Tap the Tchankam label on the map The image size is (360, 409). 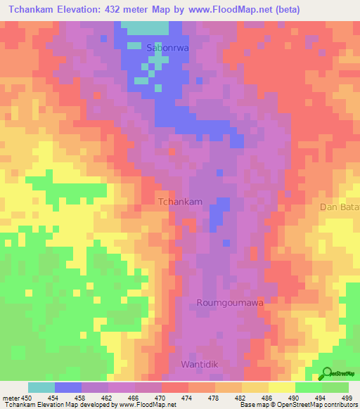pos(181,202)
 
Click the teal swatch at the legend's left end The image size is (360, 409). pos(41,387)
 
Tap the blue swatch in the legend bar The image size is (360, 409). pos(67,387)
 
